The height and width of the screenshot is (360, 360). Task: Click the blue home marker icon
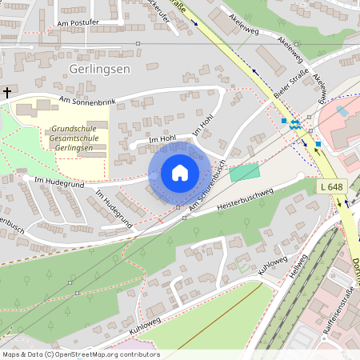pos(180,173)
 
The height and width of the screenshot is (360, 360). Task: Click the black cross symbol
pos(7,93)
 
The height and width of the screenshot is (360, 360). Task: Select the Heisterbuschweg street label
pos(245,199)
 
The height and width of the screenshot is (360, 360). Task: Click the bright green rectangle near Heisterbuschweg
pos(245,172)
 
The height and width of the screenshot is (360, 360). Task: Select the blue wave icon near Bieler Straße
pos(295,124)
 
